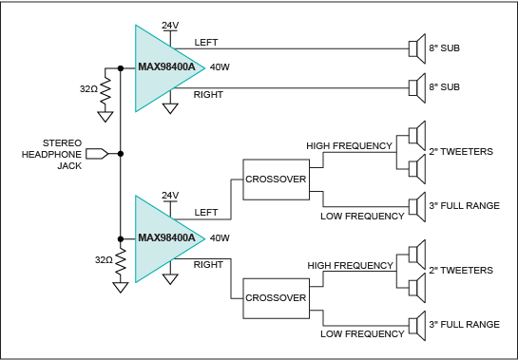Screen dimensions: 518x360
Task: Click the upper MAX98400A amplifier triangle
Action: point(162,68)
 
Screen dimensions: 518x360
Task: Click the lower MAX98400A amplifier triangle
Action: point(162,238)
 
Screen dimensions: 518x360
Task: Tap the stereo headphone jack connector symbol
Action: point(97,154)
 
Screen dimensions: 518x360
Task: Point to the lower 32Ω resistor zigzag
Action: point(121,260)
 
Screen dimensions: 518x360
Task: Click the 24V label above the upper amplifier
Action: point(170,26)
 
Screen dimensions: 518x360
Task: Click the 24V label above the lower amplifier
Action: point(170,195)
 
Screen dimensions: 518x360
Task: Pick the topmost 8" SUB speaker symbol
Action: point(417,48)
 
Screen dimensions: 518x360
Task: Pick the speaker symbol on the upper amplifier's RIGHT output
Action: point(417,87)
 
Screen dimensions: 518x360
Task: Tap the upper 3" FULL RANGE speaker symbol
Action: point(417,207)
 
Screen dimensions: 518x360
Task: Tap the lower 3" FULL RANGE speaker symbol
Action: point(417,326)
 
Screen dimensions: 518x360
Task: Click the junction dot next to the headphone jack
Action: point(121,154)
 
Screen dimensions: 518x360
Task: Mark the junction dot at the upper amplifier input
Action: point(121,68)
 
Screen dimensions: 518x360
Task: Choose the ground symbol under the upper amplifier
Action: point(170,108)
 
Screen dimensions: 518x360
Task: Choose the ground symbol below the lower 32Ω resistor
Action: point(121,288)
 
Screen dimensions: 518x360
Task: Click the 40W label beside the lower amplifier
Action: point(220,238)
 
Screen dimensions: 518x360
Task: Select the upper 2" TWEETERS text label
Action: point(461,152)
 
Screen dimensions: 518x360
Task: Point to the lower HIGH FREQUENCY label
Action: point(350,266)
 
